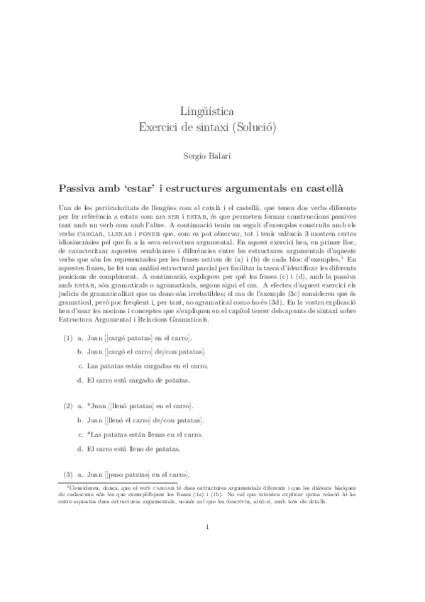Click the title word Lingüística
coord(212,111)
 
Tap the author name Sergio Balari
coord(212,153)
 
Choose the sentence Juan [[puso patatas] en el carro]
coord(138,475)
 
